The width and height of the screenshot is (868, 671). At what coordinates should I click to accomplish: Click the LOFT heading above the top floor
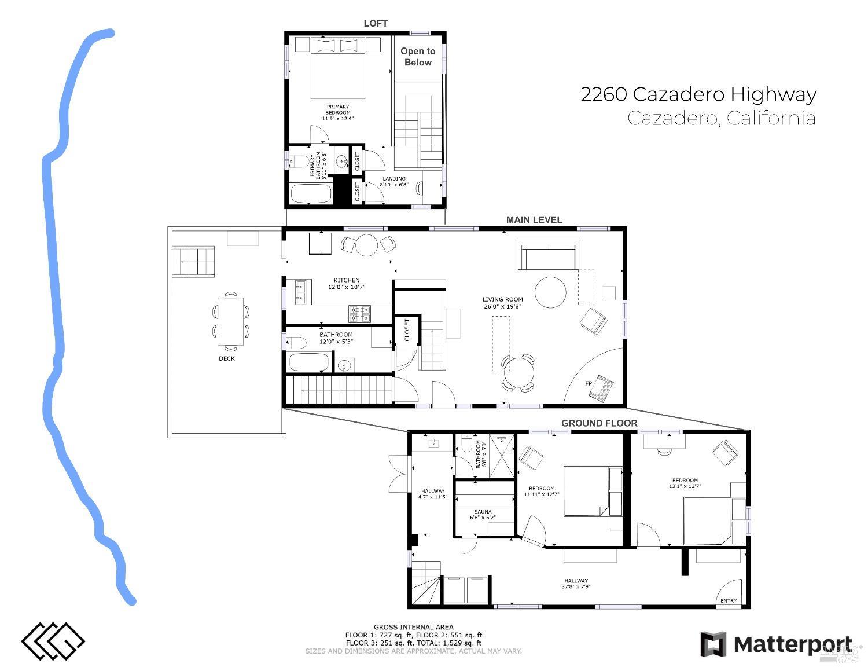point(375,23)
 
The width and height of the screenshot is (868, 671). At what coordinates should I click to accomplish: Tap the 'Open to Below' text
point(418,57)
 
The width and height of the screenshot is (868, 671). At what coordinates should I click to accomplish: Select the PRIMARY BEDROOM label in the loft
point(338,110)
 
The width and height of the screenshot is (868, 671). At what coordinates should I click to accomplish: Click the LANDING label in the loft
point(393,179)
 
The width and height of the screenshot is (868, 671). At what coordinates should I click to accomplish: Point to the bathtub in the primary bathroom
point(311,193)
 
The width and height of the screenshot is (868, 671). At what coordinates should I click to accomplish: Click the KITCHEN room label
point(346,280)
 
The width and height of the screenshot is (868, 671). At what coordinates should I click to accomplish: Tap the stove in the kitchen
point(359,314)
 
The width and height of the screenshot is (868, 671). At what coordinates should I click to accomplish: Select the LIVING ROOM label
point(502,299)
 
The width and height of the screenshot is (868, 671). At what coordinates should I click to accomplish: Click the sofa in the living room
point(549,256)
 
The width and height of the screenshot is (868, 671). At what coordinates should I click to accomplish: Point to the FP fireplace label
point(588,384)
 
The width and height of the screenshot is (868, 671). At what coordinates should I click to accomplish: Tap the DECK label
point(227,358)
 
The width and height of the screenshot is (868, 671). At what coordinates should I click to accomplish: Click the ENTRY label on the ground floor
point(729,600)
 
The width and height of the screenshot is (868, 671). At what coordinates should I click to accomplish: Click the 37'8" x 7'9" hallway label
point(576,584)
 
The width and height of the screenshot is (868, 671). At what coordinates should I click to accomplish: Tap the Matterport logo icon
point(713,644)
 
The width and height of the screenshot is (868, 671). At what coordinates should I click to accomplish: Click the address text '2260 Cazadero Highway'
point(698,94)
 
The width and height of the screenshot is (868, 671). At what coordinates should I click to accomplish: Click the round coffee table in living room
point(550,292)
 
